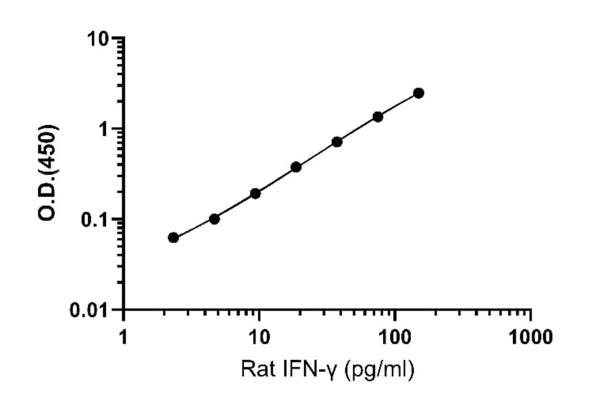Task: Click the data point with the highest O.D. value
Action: (419, 93)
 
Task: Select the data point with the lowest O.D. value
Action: (174, 237)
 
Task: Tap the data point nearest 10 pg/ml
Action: (255, 193)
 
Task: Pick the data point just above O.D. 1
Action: (378, 117)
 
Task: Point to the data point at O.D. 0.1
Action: (214, 219)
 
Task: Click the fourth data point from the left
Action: (296, 167)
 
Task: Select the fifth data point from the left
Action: (337, 142)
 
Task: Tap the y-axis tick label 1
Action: (104, 129)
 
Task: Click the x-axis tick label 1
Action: (123, 337)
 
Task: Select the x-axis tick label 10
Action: (259, 337)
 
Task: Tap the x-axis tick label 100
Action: (395, 337)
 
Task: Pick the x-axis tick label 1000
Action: (530, 337)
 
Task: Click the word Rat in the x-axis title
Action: (255, 370)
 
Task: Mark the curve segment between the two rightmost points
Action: (399, 105)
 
